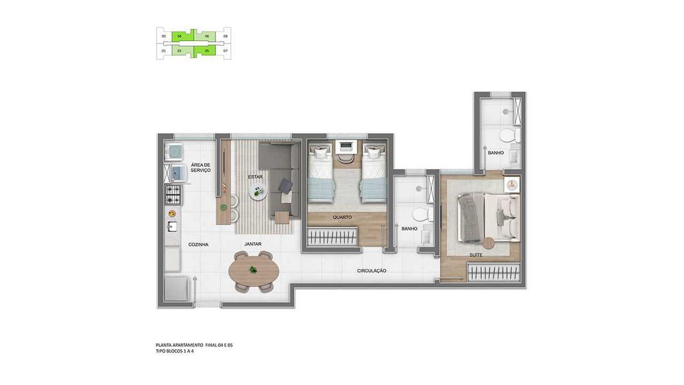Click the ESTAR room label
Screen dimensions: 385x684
[255, 177]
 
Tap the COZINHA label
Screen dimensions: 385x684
[198, 244]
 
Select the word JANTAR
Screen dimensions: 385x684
[253, 244]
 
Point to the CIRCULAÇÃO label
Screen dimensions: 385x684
[372, 270]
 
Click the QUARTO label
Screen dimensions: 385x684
[342, 217]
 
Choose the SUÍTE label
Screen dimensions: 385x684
[475, 255]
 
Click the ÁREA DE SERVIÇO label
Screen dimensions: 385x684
[201, 168]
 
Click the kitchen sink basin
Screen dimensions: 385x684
[172, 227]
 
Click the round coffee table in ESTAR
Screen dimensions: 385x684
[258, 193]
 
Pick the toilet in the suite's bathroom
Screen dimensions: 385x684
[507, 136]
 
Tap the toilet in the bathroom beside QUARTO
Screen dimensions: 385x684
[420, 215]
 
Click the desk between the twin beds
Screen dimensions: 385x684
[346, 146]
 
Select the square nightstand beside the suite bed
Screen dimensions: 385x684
[512, 185]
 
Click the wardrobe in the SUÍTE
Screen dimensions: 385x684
[494, 273]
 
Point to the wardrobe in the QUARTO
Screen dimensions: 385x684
[333, 236]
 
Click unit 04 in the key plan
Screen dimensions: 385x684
[180, 36]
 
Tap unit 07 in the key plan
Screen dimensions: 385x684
[226, 51]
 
